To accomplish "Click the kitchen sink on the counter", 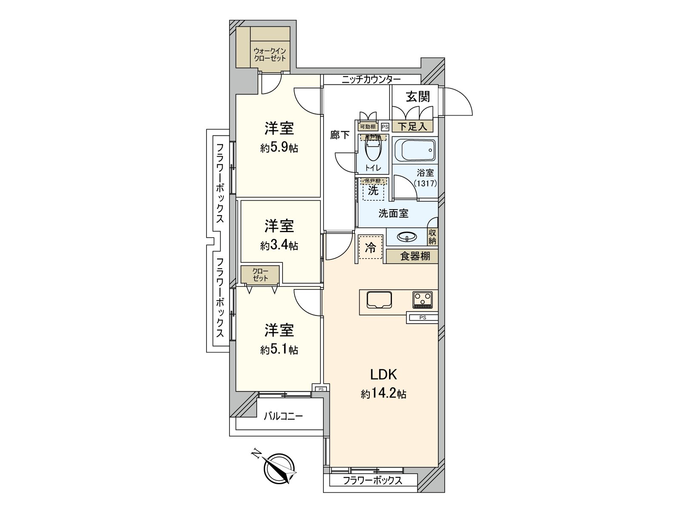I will click(380, 300).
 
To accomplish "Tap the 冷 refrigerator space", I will click(371, 247).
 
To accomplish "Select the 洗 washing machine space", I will click(373, 190).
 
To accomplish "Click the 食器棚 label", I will click(415, 256).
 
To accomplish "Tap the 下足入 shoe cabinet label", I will click(412, 126).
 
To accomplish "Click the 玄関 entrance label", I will click(418, 97).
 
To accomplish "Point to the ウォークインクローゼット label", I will click(269, 55).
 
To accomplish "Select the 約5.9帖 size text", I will click(279, 148).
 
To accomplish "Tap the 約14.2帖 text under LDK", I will click(383, 394).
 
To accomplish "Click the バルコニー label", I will click(283, 416).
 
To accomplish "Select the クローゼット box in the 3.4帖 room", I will click(260, 275).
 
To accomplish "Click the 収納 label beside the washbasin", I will click(432, 237).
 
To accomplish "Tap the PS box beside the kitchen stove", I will click(422, 317).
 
